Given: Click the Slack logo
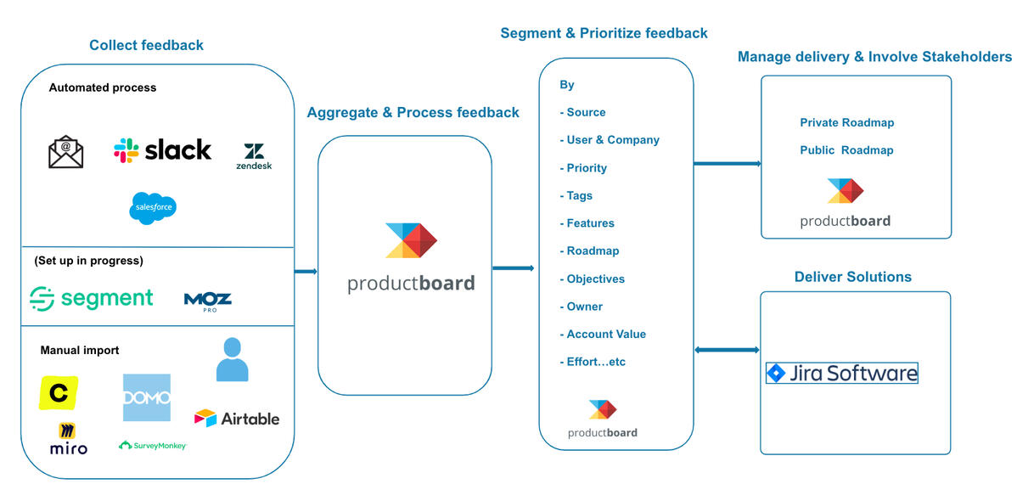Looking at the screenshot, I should click(162, 150).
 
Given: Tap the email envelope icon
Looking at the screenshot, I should click(65, 153).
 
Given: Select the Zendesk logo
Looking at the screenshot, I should click(254, 156).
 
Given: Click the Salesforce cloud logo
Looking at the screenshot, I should click(153, 208).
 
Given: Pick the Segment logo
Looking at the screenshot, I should click(91, 298).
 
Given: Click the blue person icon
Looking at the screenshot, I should click(232, 359).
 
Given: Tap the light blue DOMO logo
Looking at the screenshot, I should click(146, 397).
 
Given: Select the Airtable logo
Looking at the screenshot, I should click(237, 419).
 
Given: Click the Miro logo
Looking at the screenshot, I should click(68, 439).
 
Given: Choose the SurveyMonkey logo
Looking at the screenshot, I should click(153, 445).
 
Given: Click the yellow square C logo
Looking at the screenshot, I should click(59, 393).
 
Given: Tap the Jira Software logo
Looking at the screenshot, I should click(841, 373).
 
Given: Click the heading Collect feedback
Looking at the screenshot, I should click(146, 45).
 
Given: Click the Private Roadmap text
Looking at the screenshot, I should click(846, 122).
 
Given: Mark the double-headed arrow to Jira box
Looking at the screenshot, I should click(727, 350).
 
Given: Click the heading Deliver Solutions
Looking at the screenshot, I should click(852, 277).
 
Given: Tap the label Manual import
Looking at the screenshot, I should click(80, 350).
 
